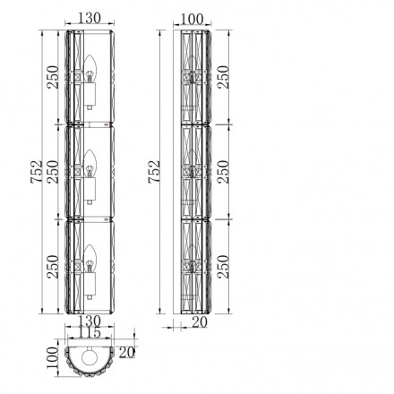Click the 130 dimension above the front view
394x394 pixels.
pyautogui.click(x=90, y=18)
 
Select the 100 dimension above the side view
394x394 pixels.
pyautogui.click(x=192, y=19)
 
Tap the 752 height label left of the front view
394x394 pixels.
pyautogui.click(x=37, y=172)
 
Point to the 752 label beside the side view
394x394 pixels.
pyautogui.click(x=154, y=172)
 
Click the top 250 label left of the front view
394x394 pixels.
pyautogui.click(x=54, y=77)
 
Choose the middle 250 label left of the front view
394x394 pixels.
pyautogui.click(x=54, y=172)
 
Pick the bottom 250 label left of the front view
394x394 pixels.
pyautogui.click(x=54, y=267)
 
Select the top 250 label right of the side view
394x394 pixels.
pyautogui.click(x=223, y=77)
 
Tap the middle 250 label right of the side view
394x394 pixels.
pyautogui.click(x=223, y=172)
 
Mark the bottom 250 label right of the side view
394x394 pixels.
pyautogui.click(x=223, y=267)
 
